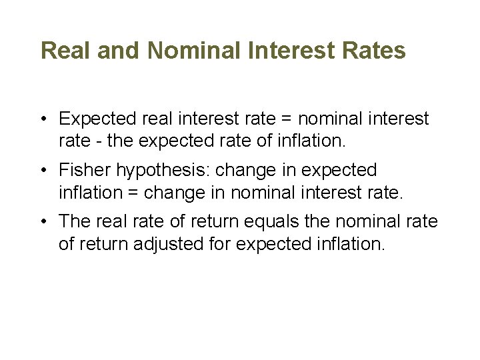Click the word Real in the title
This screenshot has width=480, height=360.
coord(63,51)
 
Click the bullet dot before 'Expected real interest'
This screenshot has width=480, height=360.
coord(42,119)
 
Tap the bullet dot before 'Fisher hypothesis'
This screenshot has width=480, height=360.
coord(42,171)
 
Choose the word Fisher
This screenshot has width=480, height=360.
coord(85,170)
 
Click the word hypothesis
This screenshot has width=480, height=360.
coord(163,171)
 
